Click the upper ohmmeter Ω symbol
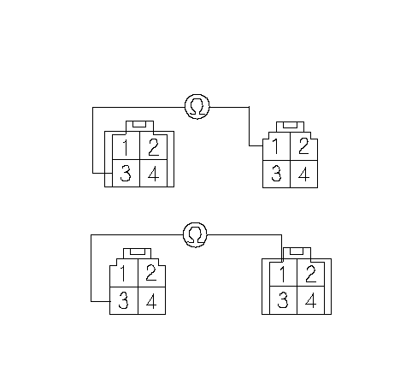[197, 107]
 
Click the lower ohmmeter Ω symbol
[195, 234]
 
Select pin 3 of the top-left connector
[127, 173]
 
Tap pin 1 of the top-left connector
[127, 147]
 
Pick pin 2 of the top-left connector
[154, 147]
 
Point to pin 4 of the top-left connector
[154, 173]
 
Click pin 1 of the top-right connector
[276, 146]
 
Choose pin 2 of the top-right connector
[303, 146]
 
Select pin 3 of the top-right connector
[276, 174]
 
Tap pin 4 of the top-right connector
[303, 174]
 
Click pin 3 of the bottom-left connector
[124, 300]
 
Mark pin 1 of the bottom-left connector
[124, 273]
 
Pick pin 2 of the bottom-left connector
[151, 273]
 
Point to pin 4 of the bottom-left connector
[151, 300]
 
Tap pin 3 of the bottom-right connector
[283, 300]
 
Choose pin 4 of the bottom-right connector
[310, 300]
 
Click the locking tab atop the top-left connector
[139, 126]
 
